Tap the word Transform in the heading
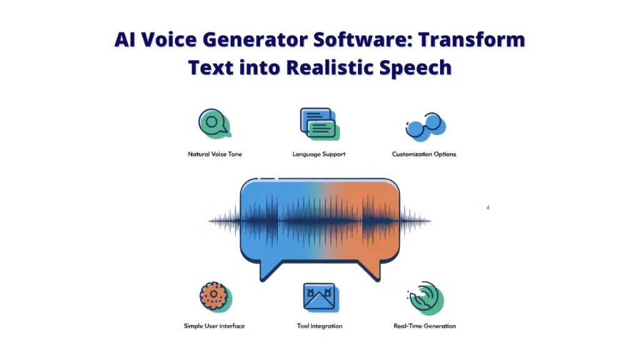coord(471,39)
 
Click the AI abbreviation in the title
coord(125,39)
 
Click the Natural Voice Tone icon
coord(215,123)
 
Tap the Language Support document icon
coord(319,124)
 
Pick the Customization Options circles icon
coord(425,126)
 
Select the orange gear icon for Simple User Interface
coord(216,297)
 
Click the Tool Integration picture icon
coord(321,297)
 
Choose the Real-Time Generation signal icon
coord(426,298)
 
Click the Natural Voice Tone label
coord(215,154)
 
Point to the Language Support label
coord(319,154)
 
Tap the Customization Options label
coord(424,154)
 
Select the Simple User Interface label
coord(214,326)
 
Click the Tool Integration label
coord(319,326)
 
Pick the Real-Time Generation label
coord(424,326)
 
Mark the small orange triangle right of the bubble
coord(488,207)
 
